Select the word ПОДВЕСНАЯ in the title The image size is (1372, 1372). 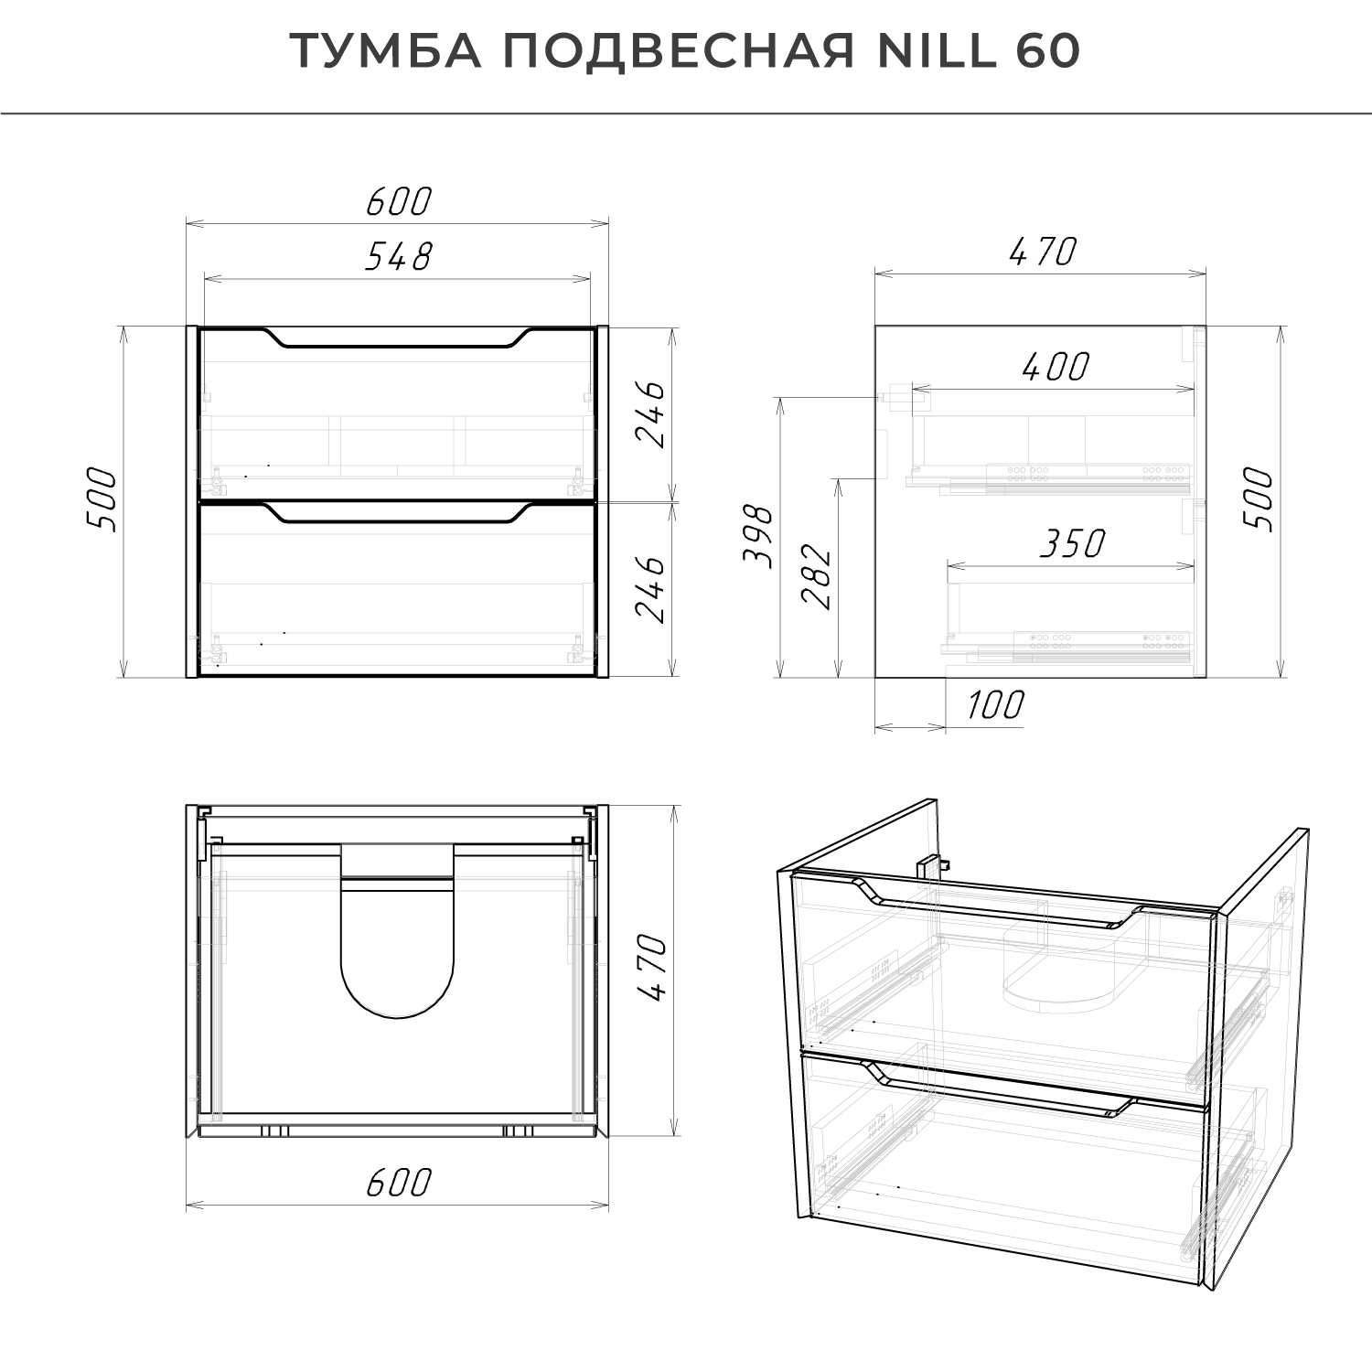point(678,52)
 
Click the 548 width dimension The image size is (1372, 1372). point(397,257)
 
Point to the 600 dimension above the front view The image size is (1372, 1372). point(397,202)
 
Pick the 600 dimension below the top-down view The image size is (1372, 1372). point(397,1183)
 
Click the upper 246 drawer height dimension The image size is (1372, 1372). point(651,413)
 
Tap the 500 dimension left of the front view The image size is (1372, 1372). point(102,500)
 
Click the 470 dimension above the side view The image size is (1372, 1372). point(1043,252)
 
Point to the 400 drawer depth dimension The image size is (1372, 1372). point(1055,368)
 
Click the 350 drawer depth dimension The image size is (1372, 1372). point(1072,544)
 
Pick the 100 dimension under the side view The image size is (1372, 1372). point(994,705)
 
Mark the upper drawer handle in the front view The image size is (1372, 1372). point(397,341)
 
